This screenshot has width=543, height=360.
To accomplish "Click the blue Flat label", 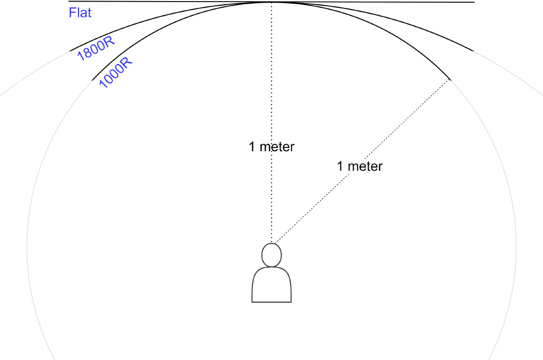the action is pos(80,13).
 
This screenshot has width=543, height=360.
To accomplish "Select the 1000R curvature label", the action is pos(115,72).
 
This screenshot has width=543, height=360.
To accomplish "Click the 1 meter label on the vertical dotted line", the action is pos(271,147).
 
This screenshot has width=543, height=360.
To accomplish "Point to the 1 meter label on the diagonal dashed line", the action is pos(360,166).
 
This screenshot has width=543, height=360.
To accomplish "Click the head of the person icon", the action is pos(271,255).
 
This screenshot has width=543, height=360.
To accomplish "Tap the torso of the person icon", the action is pos(271,285).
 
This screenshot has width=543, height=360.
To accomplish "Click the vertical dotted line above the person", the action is pos(271,123).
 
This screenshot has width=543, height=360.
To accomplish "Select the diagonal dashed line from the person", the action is pos(362,162).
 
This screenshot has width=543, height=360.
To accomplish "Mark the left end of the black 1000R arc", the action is pos(92,80).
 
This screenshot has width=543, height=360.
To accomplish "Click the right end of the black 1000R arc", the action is pos(450,80).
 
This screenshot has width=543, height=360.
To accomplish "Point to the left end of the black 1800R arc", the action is pos(69,51).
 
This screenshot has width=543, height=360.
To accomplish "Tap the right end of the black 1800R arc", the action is pos(474,51).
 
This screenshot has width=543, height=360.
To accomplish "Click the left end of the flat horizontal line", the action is pos(68,2).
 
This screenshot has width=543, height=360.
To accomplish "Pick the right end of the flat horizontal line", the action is pos(474,2).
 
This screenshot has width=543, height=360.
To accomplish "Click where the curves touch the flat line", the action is pos(271,2).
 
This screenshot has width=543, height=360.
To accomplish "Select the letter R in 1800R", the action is pos(109,41).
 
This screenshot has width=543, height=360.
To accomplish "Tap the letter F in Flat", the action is pos(72,13).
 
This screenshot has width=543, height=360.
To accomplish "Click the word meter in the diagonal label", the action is pos(365,166).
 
